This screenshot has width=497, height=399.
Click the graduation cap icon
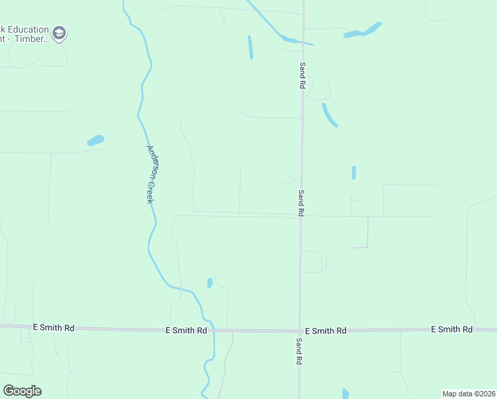pyautogui.click(x=59, y=34)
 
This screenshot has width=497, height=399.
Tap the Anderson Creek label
pyautogui.click(x=152, y=174)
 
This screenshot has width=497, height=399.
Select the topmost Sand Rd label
pyautogui.click(x=302, y=75)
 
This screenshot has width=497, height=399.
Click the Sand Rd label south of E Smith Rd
pyautogui.click(x=300, y=350)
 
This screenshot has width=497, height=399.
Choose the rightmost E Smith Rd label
pyautogui.click(x=451, y=329)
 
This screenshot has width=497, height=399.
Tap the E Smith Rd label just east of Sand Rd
pyautogui.click(x=326, y=331)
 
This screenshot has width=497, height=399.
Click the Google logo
pyautogui.click(x=22, y=391)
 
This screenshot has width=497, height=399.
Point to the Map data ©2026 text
pyautogui.click(x=468, y=393)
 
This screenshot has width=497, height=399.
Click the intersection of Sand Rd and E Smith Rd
pyautogui.click(x=300, y=331)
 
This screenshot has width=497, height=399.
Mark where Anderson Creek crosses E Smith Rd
pyautogui.click(x=214, y=330)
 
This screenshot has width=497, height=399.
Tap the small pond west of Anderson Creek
pyautogui.click(x=96, y=140)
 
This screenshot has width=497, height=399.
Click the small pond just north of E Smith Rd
pyautogui.click(x=210, y=283)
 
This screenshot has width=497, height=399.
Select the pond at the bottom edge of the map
pyautogui.click(x=346, y=394)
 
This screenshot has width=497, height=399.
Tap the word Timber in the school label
pyautogui.click(x=32, y=39)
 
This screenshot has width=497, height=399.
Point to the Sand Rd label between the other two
pyautogui.click(x=301, y=203)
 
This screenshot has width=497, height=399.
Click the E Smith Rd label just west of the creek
pyautogui.click(x=186, y=330)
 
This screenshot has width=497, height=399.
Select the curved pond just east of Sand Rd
pyautogui.click(x=329, y=114)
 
